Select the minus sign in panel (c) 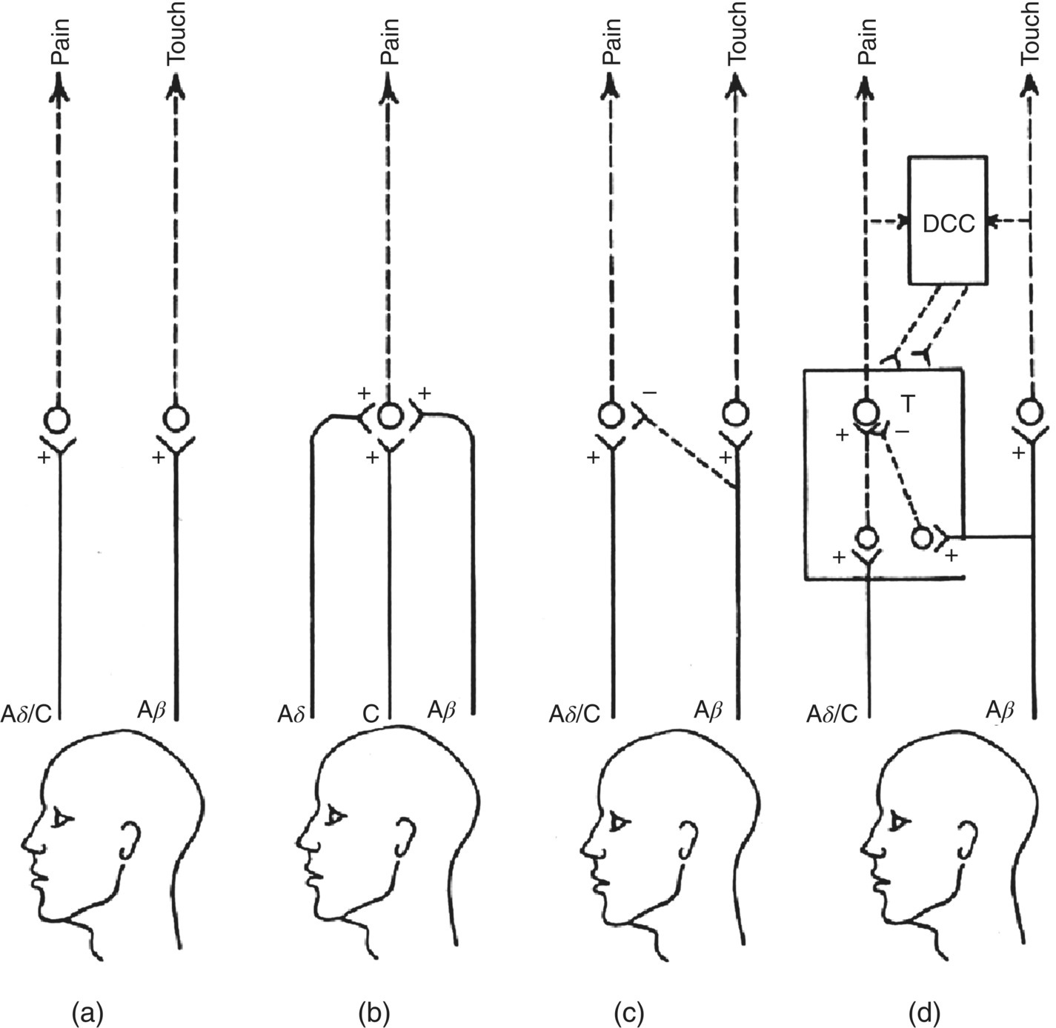[x=649, y=393]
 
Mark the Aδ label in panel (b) [x=292, y=713]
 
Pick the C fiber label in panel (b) [x=370, y=713]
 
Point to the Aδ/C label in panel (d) [x=832, y=713]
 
